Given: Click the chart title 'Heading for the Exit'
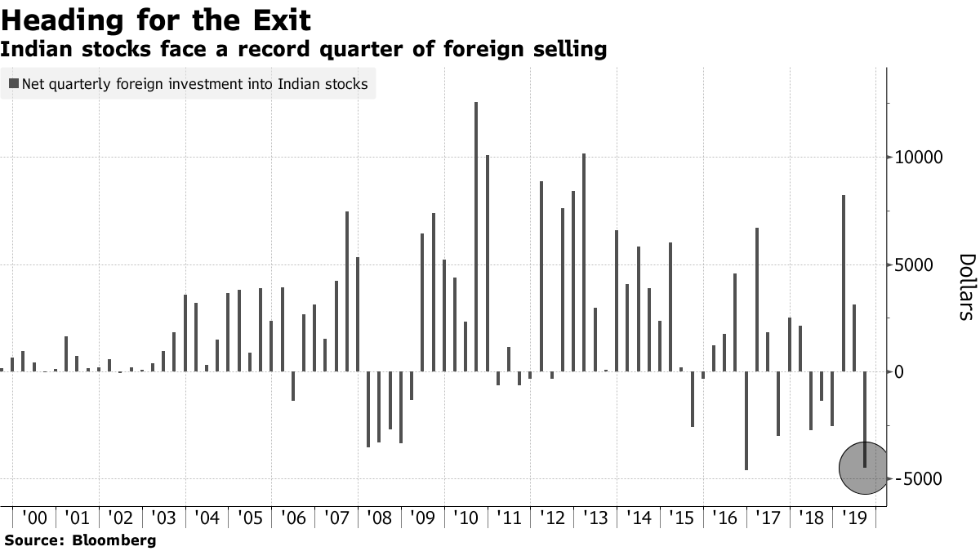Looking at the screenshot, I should point(155,19).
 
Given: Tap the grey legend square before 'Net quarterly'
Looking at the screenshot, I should point(14,83).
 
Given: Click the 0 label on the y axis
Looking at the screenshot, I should point(899,372).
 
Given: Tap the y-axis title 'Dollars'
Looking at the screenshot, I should point(966,286).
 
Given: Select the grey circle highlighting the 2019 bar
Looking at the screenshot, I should point(862,468).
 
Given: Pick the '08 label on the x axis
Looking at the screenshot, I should point(379,518).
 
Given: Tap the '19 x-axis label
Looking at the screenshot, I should point(853,518).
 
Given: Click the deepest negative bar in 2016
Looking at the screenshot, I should point(746,420).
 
